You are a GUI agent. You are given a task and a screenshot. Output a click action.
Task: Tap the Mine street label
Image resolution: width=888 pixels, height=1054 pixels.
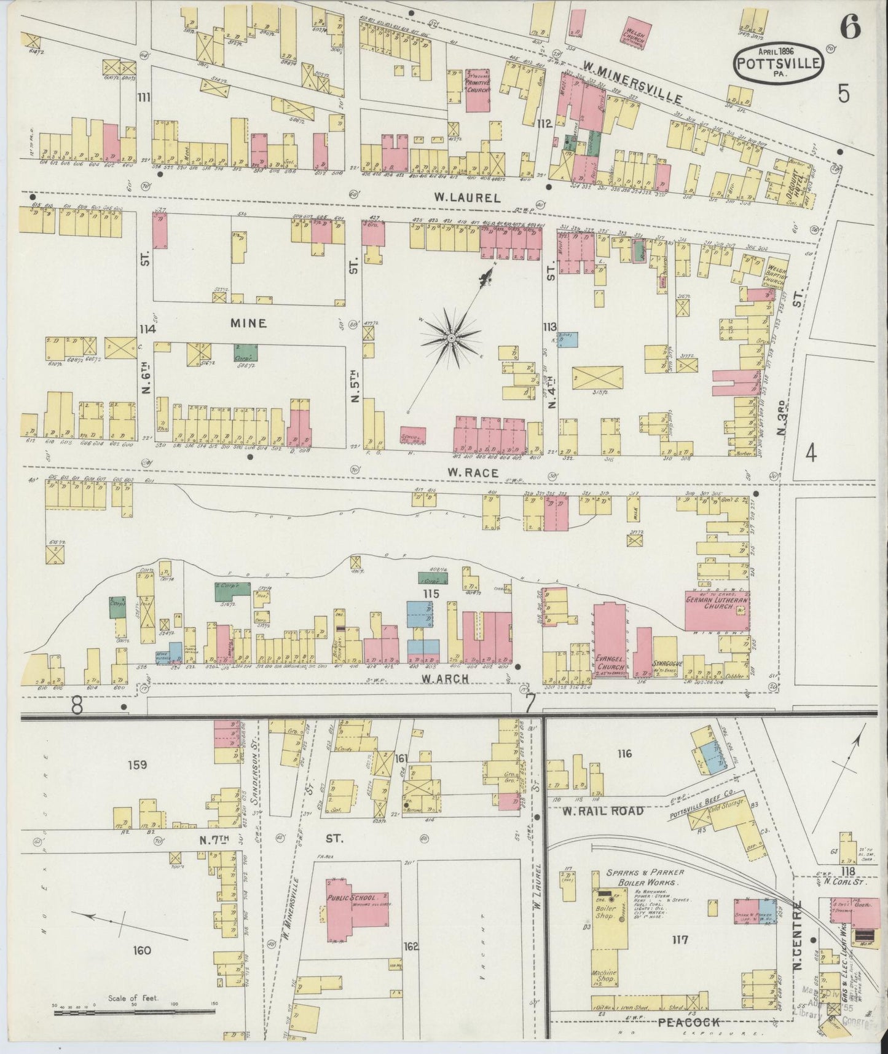248,323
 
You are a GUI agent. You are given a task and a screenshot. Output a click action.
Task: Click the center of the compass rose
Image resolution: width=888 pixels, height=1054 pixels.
452,338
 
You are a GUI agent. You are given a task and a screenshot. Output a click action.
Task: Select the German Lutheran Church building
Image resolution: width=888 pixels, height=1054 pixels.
717,610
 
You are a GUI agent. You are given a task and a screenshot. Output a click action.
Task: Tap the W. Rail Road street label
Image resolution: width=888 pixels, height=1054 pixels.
602,811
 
